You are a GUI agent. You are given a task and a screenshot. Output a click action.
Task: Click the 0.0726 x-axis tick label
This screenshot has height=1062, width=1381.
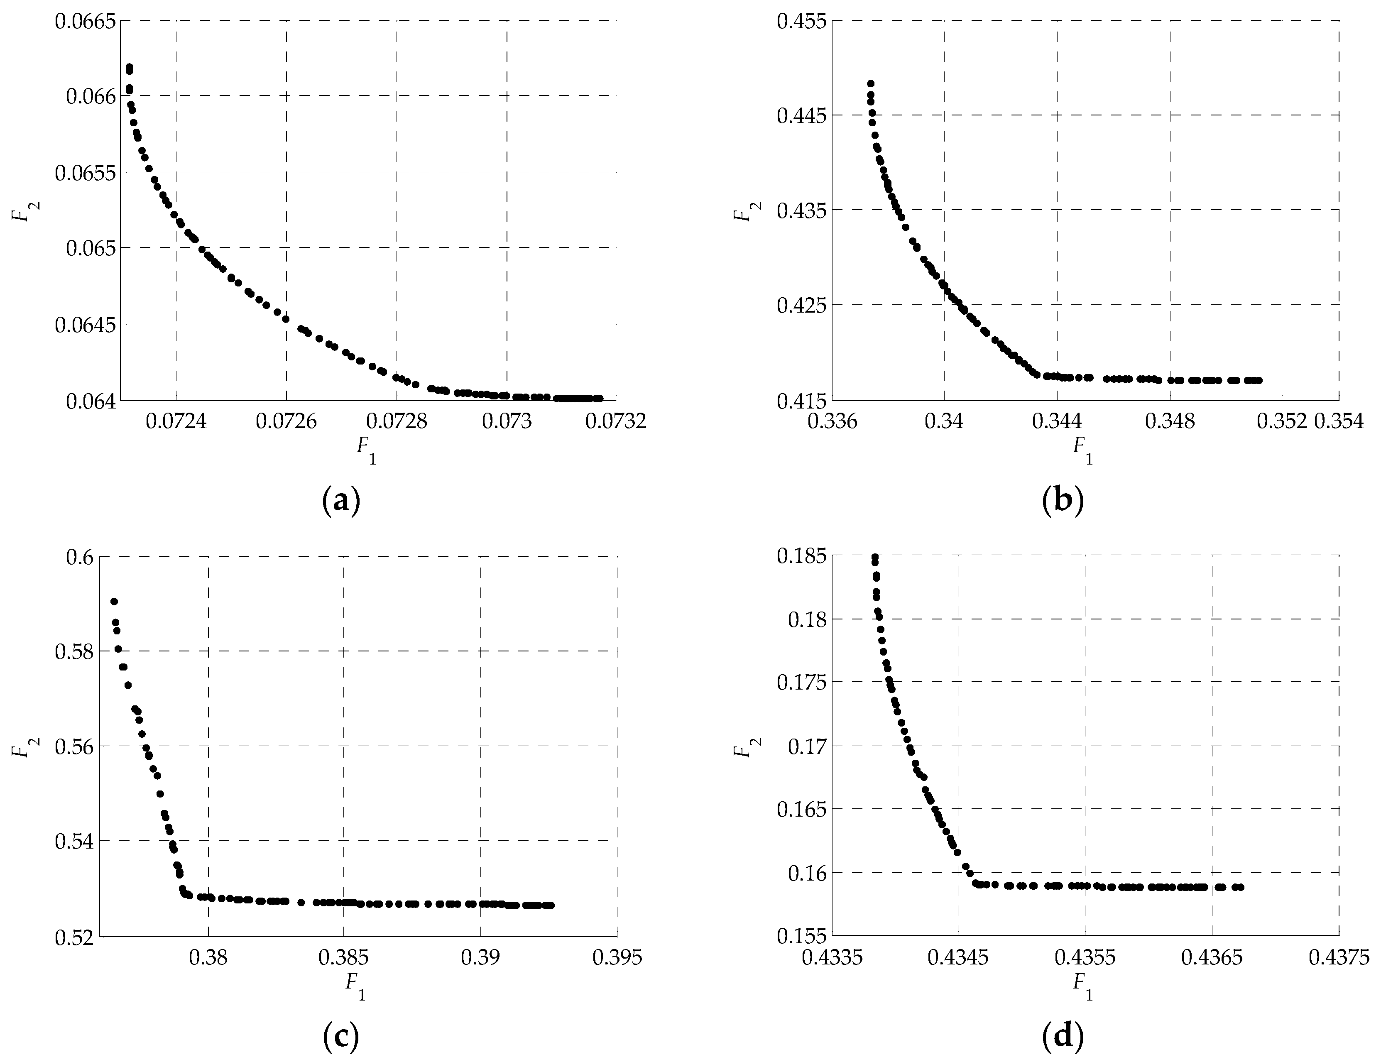pos(286,422)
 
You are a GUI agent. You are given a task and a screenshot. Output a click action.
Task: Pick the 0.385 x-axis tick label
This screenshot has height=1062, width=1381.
pos(345,957)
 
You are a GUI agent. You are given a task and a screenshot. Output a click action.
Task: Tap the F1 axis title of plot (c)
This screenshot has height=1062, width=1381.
pos(355,986)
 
